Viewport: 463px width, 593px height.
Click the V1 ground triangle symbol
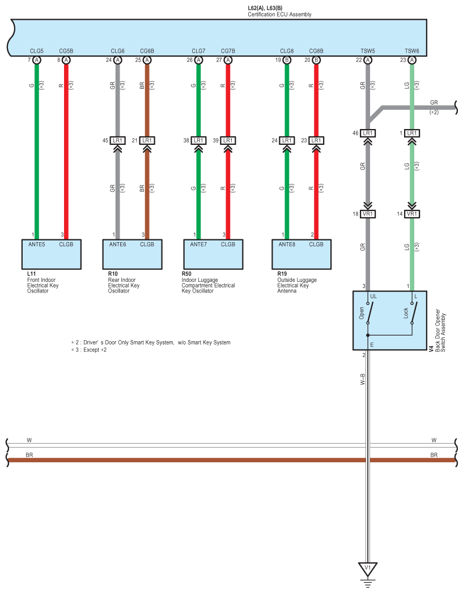click(x=367, y=568)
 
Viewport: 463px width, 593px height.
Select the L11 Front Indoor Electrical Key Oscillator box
click(x=51, y=254)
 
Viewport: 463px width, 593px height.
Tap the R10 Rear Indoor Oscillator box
click(x=132, y=254)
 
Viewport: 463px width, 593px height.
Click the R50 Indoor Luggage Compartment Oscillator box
click(x=213, y=254)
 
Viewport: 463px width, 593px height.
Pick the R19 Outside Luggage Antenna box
click(x=301, y=254)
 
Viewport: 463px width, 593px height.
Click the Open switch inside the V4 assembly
click(x=369, y=313)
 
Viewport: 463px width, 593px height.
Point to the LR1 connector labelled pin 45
click(x=117, y=140)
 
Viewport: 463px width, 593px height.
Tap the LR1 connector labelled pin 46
click(x=368, y=133)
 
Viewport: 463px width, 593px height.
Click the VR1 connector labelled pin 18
click(x=368, y=214)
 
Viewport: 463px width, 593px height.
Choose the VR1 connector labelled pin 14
click(x=412, y=214)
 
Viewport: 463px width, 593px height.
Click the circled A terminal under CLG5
click(x=37, y=59)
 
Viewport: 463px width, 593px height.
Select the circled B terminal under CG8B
click(x=316, y=59)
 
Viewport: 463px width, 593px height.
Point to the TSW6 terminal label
click(x=412, y=51)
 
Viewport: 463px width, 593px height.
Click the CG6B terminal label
click(x=147, y=51)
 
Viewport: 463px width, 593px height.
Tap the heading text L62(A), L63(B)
click(x=265, y=8)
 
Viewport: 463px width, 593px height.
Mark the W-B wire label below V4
click(x=363, y=379)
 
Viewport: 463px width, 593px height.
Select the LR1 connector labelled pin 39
click(x=227, y=140)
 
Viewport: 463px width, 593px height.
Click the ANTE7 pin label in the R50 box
click(x=198, y=244)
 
